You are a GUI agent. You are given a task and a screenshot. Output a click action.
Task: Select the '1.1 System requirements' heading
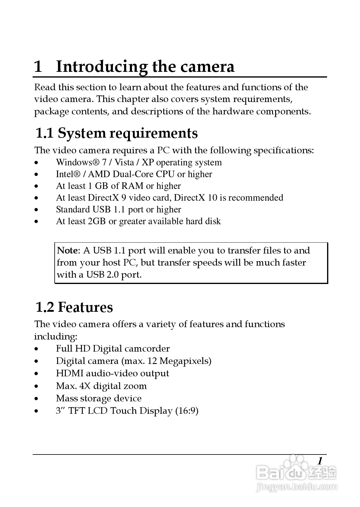pos(117,133)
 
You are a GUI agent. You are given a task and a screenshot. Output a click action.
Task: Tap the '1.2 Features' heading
pos(74,307)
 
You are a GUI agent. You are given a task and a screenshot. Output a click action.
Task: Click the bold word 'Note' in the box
pos(68,250)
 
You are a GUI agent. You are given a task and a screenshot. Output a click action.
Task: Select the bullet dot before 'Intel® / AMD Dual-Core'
pos(37,174)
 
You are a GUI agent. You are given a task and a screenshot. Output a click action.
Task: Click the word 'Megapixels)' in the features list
pos(185,361)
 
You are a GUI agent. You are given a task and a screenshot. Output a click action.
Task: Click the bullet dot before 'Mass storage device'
pos(37,399)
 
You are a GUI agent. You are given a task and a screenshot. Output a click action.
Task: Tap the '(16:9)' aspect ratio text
pos(187,411)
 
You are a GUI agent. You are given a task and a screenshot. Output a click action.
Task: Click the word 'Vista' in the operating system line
pos(124,162)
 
